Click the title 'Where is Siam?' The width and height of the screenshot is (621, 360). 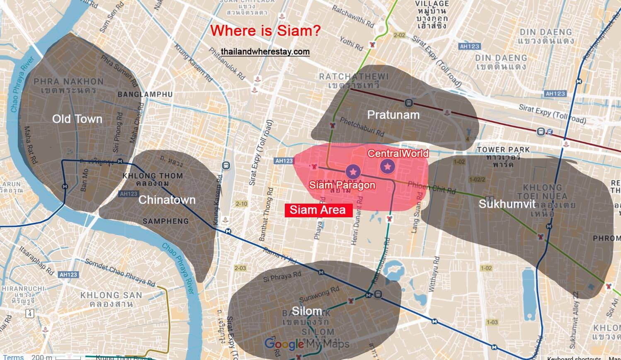coord(265,31)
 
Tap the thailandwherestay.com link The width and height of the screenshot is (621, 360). coord(265,51)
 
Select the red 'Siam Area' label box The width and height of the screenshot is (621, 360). coord(318,210)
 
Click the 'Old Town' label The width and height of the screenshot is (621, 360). coord(77,119)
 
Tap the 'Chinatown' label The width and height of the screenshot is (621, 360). coord(167,200)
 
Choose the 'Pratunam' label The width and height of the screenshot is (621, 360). coord(393,114)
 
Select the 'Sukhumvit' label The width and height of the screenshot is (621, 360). coord(507,204)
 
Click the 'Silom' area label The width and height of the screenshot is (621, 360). coord(307,311)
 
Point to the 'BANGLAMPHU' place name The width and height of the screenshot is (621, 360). coord(145,95)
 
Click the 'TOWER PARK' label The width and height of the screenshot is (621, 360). coord(503,149)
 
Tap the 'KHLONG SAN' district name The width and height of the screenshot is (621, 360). coord(111,295)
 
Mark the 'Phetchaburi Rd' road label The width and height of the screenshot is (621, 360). coord(362,126)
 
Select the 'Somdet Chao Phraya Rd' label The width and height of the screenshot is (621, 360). coord(120,272)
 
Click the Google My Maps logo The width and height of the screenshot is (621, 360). coord(307,344)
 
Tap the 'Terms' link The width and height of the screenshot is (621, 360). coord(13,357)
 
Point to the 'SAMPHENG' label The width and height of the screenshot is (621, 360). coord(165,221)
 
